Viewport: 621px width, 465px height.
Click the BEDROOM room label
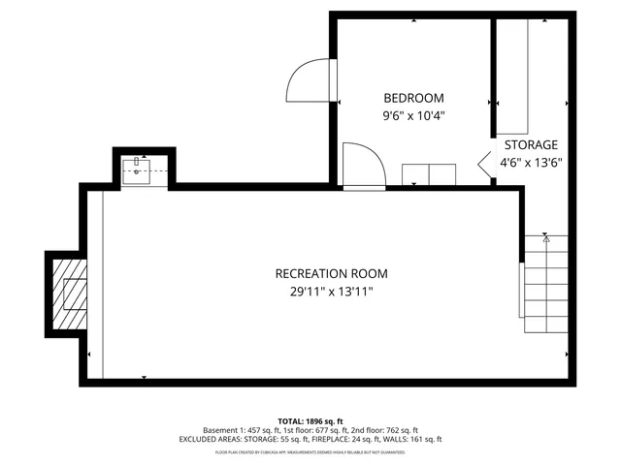413,98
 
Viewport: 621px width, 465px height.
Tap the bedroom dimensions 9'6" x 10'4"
413,114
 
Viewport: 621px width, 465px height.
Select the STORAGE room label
530,145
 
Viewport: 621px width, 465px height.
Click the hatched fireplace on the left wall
68,292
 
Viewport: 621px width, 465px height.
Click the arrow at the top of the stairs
546,237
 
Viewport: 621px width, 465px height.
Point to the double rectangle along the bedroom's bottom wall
429,174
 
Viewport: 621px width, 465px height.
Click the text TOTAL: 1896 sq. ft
310,421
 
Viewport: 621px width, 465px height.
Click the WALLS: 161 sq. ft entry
417,440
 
